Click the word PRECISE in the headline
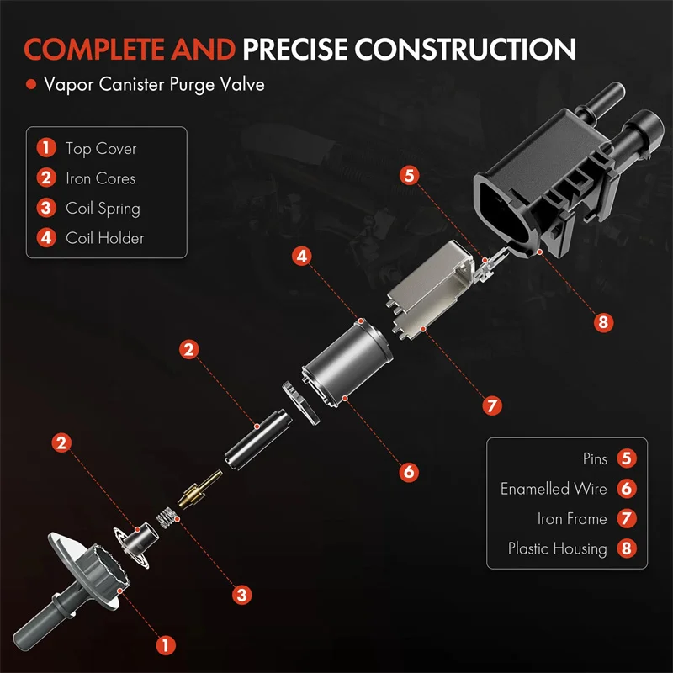coord(295,49)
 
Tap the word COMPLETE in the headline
coord(94,49)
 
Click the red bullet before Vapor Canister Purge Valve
coord(31,84)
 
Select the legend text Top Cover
coord(101,149)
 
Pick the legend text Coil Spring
coord(103,209)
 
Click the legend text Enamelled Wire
coord(554,489)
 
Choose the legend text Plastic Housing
coord(558,548)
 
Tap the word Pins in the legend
coord(595,458)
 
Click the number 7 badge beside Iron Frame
coord(627,518)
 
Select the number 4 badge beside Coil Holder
coord(46,238)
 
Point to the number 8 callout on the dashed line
coord(603,322)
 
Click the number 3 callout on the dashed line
coord(241,595)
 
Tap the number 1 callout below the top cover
coord(166,645)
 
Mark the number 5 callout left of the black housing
coord(410,175)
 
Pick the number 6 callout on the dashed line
coord(409,472)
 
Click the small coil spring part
coord(166,517)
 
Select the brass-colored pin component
coord(200,489)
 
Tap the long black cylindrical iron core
coord(258,439)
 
